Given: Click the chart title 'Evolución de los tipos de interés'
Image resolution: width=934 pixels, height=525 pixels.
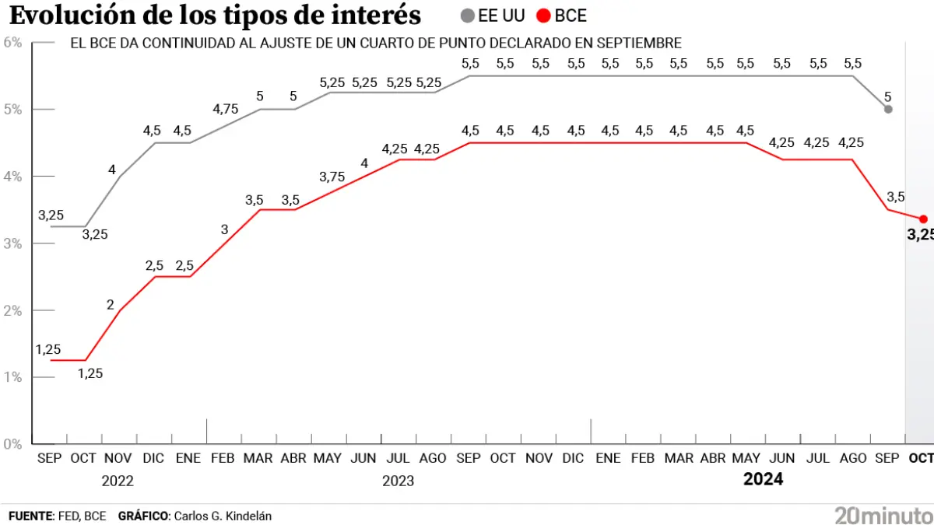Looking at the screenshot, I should click(x=215, y=16).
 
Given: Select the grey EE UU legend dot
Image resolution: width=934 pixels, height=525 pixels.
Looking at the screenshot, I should click(x=467, y=16).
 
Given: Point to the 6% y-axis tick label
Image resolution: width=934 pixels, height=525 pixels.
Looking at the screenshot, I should click(x=12, y=42).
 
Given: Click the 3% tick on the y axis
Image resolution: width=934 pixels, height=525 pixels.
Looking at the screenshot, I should click(x=12, y=243).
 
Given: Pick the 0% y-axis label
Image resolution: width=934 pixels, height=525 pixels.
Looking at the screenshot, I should click(x=12, y=444).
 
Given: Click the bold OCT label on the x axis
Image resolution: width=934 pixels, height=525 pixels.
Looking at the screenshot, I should click(x=921, y=458).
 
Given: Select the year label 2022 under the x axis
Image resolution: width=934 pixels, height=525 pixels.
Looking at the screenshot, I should click(x=118, y=481).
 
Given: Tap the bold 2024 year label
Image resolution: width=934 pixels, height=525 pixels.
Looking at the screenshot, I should click(x=763, y=479).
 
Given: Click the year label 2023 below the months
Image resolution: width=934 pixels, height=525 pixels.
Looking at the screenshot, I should click(x=398, y=481).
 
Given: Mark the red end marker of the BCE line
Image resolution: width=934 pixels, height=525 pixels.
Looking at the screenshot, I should click(x=923, y=219).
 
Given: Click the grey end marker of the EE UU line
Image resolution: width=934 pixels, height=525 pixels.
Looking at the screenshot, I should click(x=888, y=109).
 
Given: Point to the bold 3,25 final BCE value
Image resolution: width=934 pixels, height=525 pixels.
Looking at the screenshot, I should click(x=920, y=235).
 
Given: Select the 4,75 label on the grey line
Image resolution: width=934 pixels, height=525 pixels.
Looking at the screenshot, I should click(x=225, y=109).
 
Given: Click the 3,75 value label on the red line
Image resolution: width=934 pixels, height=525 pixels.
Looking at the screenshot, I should click(x=332, y=177).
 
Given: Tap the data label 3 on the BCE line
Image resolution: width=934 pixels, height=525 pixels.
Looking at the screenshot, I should click(x=224, y=229).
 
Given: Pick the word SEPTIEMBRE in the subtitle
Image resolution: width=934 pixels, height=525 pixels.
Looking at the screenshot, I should click(x=639, y=44).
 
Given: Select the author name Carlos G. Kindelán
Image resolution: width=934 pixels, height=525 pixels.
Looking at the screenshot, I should click(x=223, y=516).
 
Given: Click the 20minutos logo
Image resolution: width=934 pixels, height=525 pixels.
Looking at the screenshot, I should click(x=883, y=514).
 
